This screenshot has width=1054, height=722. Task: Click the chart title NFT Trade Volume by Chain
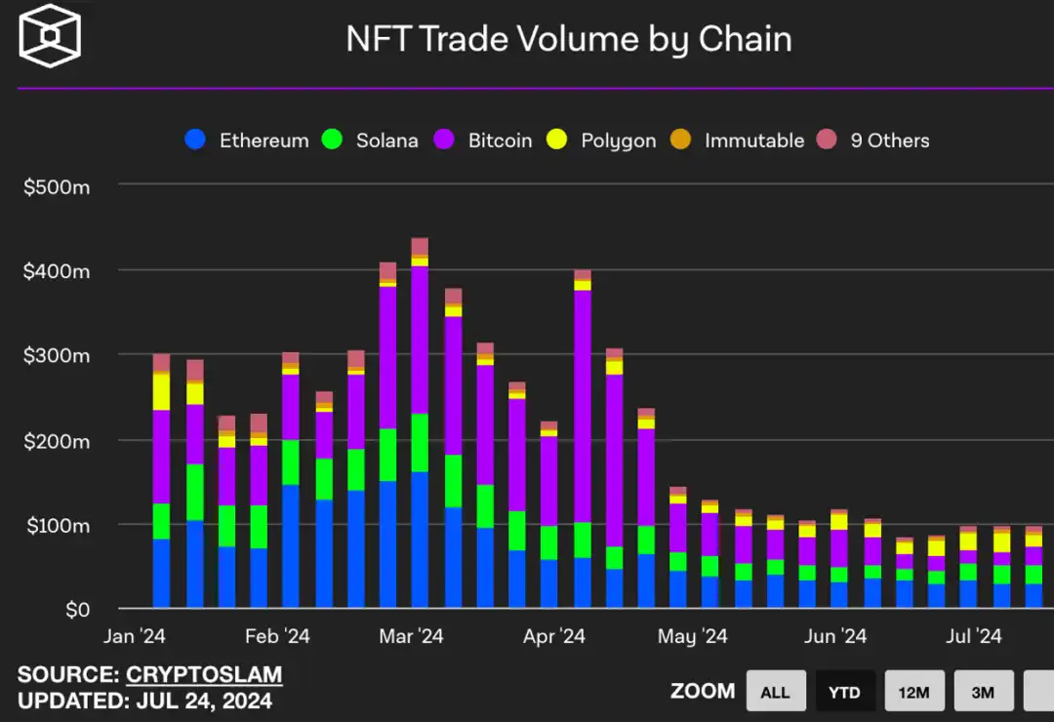click(569, 39)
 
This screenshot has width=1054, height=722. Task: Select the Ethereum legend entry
click(248, 140)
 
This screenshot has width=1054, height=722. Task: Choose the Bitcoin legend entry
click(484, 140)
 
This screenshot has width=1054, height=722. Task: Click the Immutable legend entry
click(738, 140)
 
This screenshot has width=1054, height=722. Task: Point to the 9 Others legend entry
click(874, 140)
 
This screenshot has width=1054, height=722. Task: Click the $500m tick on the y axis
click(57, 185)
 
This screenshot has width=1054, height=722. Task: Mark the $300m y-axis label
click(57, 356)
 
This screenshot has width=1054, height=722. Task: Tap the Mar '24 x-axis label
click(411, 637)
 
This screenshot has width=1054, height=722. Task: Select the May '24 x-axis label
click(693, 637)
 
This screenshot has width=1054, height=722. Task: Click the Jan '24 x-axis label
click(135, 637)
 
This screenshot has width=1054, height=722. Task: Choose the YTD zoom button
click(844, 692)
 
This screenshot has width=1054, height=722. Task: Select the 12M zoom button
click(913, 692)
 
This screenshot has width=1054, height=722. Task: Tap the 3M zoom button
click(983, 692)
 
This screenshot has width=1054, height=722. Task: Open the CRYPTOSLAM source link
click(204, 674)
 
